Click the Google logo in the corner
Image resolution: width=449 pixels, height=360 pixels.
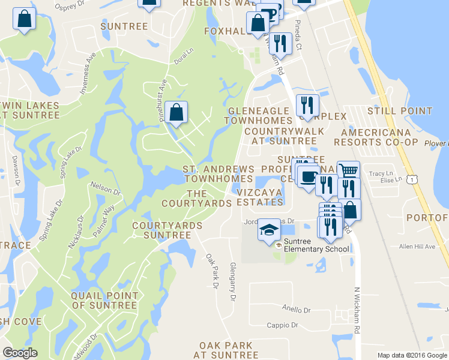20,353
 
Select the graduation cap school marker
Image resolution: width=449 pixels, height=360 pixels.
270,230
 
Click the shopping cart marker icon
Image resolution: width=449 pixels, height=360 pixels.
348,172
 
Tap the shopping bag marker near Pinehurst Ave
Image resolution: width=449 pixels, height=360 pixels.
176,112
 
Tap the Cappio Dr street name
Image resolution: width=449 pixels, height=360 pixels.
282,325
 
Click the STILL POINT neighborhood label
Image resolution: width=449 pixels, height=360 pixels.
400,111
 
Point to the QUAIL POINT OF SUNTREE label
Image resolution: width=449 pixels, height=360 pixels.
104,301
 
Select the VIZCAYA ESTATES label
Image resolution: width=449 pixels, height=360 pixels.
259,197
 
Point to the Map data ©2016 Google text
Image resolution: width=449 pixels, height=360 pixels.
412,355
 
